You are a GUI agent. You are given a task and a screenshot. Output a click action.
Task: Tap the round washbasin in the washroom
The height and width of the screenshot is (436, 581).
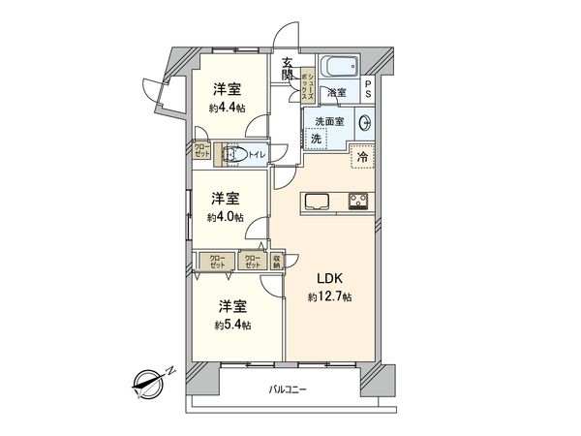tap(365, 123)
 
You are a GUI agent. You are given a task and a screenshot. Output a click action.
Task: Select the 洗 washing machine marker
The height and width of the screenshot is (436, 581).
tap(316, 140)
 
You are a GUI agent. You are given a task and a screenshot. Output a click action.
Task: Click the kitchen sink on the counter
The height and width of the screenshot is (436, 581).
tap(319, 202)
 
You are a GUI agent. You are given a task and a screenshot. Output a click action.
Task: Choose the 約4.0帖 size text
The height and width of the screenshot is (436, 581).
tap(225, 217)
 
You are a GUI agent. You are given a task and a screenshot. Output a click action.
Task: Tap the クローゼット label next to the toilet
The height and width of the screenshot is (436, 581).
tap(200, 152)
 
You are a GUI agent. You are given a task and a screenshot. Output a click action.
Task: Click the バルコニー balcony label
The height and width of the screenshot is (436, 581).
tap(288, 389)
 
